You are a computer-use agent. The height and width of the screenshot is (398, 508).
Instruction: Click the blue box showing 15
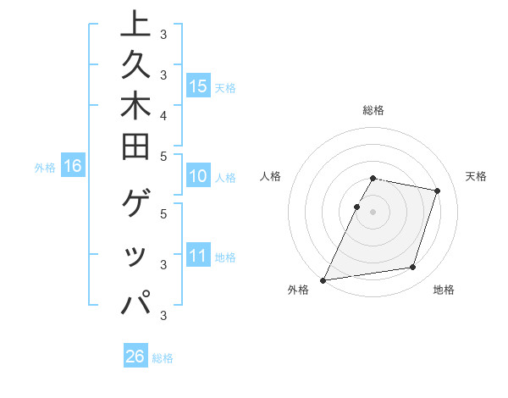coord(198,86)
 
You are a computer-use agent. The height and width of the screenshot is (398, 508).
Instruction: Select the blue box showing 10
coord(198,177)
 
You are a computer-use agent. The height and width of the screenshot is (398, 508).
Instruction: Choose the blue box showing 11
coord(198,256)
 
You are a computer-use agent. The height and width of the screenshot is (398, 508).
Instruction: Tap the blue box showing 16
coord(73,166)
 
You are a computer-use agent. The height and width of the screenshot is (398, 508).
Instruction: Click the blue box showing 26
coord(135,357)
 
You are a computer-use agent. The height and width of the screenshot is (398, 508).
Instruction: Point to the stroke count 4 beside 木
coord(163,114)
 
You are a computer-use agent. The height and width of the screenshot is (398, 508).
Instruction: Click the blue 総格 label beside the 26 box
coord(163,358)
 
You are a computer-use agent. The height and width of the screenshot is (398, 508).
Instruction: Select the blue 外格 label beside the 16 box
coord(45,168)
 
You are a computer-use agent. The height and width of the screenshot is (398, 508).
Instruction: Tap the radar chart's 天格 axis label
coord(476,176)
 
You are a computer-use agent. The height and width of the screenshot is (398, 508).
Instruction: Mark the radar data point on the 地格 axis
coord(413,267)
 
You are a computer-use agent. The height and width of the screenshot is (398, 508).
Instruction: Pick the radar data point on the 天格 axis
coord(437,191)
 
